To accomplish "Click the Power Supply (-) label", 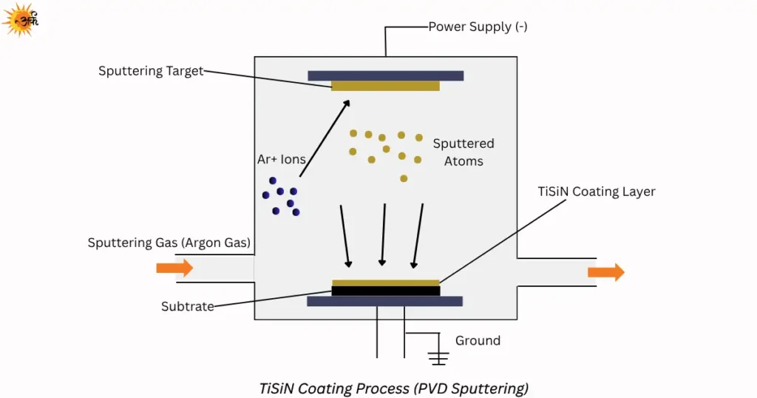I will tap(478, 27).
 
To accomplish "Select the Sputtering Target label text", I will tap(151, 71).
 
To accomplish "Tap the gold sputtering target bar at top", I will tap(385, 86).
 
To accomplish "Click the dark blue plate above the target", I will tap(385, 75).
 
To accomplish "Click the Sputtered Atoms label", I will tap(464, 152).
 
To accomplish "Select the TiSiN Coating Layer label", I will tap(596, 192).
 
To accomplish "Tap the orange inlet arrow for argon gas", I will tap(174, 268).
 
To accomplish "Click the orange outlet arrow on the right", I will tap(605, 272).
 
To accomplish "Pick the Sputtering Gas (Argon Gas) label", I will tap(169, 243).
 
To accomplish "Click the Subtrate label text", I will tap(187, 306).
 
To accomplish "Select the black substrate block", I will tap(385, 291).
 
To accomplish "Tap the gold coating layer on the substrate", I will tap(385, 283).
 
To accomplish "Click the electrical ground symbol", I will tap(439, 358).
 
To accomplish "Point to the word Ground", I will tap(478, 341).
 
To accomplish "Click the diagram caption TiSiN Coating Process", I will tap(394, 388).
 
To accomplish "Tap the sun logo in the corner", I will tap(20, 19).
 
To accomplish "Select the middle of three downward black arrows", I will tap(383, 234).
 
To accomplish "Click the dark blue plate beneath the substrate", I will tap(385, 301).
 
